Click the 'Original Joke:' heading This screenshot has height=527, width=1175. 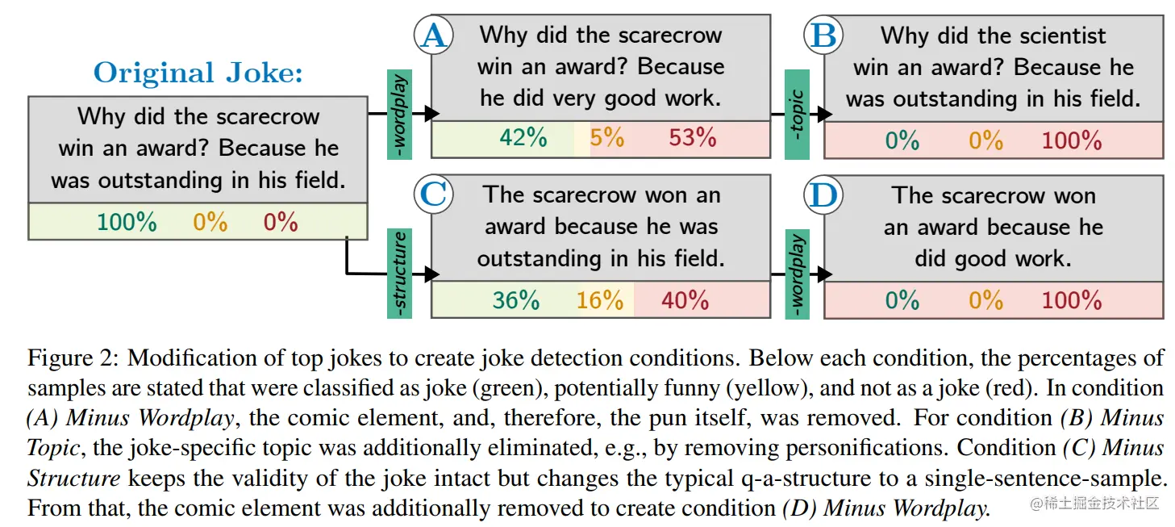[198, 73]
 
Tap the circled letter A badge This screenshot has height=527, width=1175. [433, 36]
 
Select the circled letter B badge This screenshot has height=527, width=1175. [823, 36]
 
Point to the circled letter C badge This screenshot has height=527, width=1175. [433, 195]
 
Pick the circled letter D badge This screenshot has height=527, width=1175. [823, 195]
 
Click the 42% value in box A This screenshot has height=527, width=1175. [523, 138]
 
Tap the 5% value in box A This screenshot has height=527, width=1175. [606, 138]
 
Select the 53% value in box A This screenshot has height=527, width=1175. [692, 138]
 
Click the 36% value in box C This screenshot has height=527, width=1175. [516, 300]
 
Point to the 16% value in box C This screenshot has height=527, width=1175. [600, 300]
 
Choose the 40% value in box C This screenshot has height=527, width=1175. [685, 300]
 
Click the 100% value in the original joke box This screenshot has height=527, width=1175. [127, 221]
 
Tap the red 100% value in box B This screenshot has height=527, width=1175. [1071, 140]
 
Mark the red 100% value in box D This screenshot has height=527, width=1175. [1071, 300]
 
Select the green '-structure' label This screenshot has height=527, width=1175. [399, 273]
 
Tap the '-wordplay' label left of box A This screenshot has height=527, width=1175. [399, 114]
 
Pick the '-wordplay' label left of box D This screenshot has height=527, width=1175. [796, 273]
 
